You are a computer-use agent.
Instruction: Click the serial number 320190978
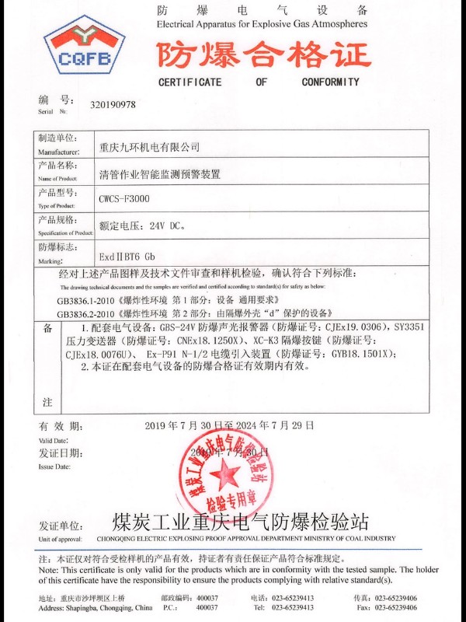tap(113, 104)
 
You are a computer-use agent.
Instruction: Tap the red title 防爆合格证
tap(264, 54)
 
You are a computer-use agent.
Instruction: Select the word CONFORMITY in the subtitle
tap(331, 82)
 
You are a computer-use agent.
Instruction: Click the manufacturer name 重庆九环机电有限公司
tap(150, 146)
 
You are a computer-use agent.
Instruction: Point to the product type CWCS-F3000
tap(124, 199)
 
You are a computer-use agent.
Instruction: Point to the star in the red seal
tap(226, 473)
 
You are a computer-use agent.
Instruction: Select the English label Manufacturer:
tap(58, 152)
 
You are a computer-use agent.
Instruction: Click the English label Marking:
tap(50, 261)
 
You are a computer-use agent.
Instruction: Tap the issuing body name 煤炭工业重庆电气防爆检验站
tap(240, 522)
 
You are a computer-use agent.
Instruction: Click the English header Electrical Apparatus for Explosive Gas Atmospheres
tap(262, 24)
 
